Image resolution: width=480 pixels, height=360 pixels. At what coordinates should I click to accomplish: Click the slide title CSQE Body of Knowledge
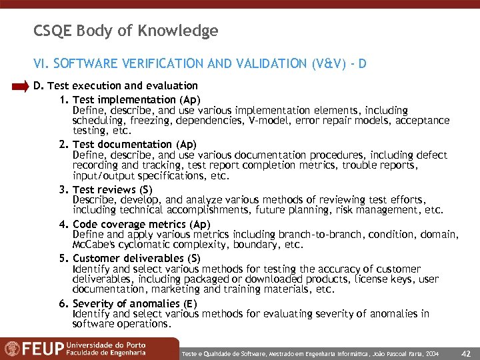[126, 31]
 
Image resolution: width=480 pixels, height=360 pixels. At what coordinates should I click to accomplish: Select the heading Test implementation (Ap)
[136, 100]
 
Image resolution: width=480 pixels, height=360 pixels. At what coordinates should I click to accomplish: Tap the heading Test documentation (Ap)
[134, 144]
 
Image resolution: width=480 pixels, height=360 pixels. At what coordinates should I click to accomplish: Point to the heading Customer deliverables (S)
[136, 258]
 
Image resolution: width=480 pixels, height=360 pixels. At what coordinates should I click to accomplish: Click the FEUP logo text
[34, 349]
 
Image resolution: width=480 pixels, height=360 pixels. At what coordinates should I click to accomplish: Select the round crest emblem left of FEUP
[11, 349]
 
